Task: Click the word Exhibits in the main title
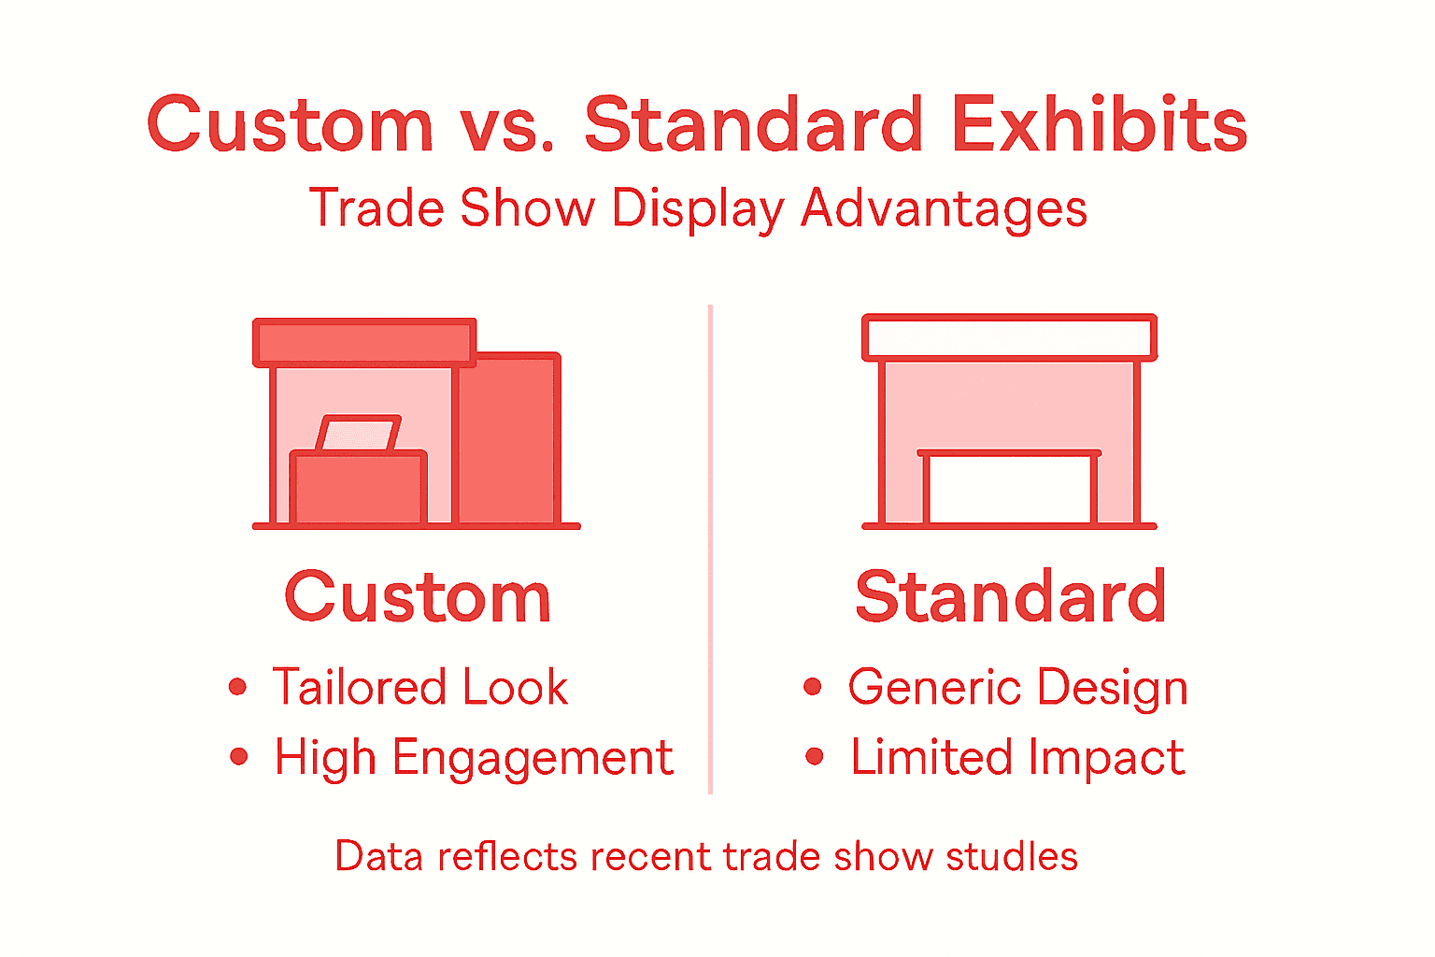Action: point(1099,124)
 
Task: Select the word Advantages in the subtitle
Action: point(944,207)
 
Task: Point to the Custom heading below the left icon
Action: point(418,597)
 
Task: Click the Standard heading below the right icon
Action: point(1011,597)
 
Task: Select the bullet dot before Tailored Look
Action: point(238,687)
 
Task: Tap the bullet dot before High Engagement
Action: point(239,756)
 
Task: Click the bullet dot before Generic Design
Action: point(813,687)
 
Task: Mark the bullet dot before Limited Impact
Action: point(815,756)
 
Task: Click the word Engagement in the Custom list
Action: point(532,758)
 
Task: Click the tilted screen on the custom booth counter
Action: point(359,434)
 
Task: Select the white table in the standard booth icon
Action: point(1009,489)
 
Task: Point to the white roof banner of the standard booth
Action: point(1009,337)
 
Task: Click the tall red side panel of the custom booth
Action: point(508,439)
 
